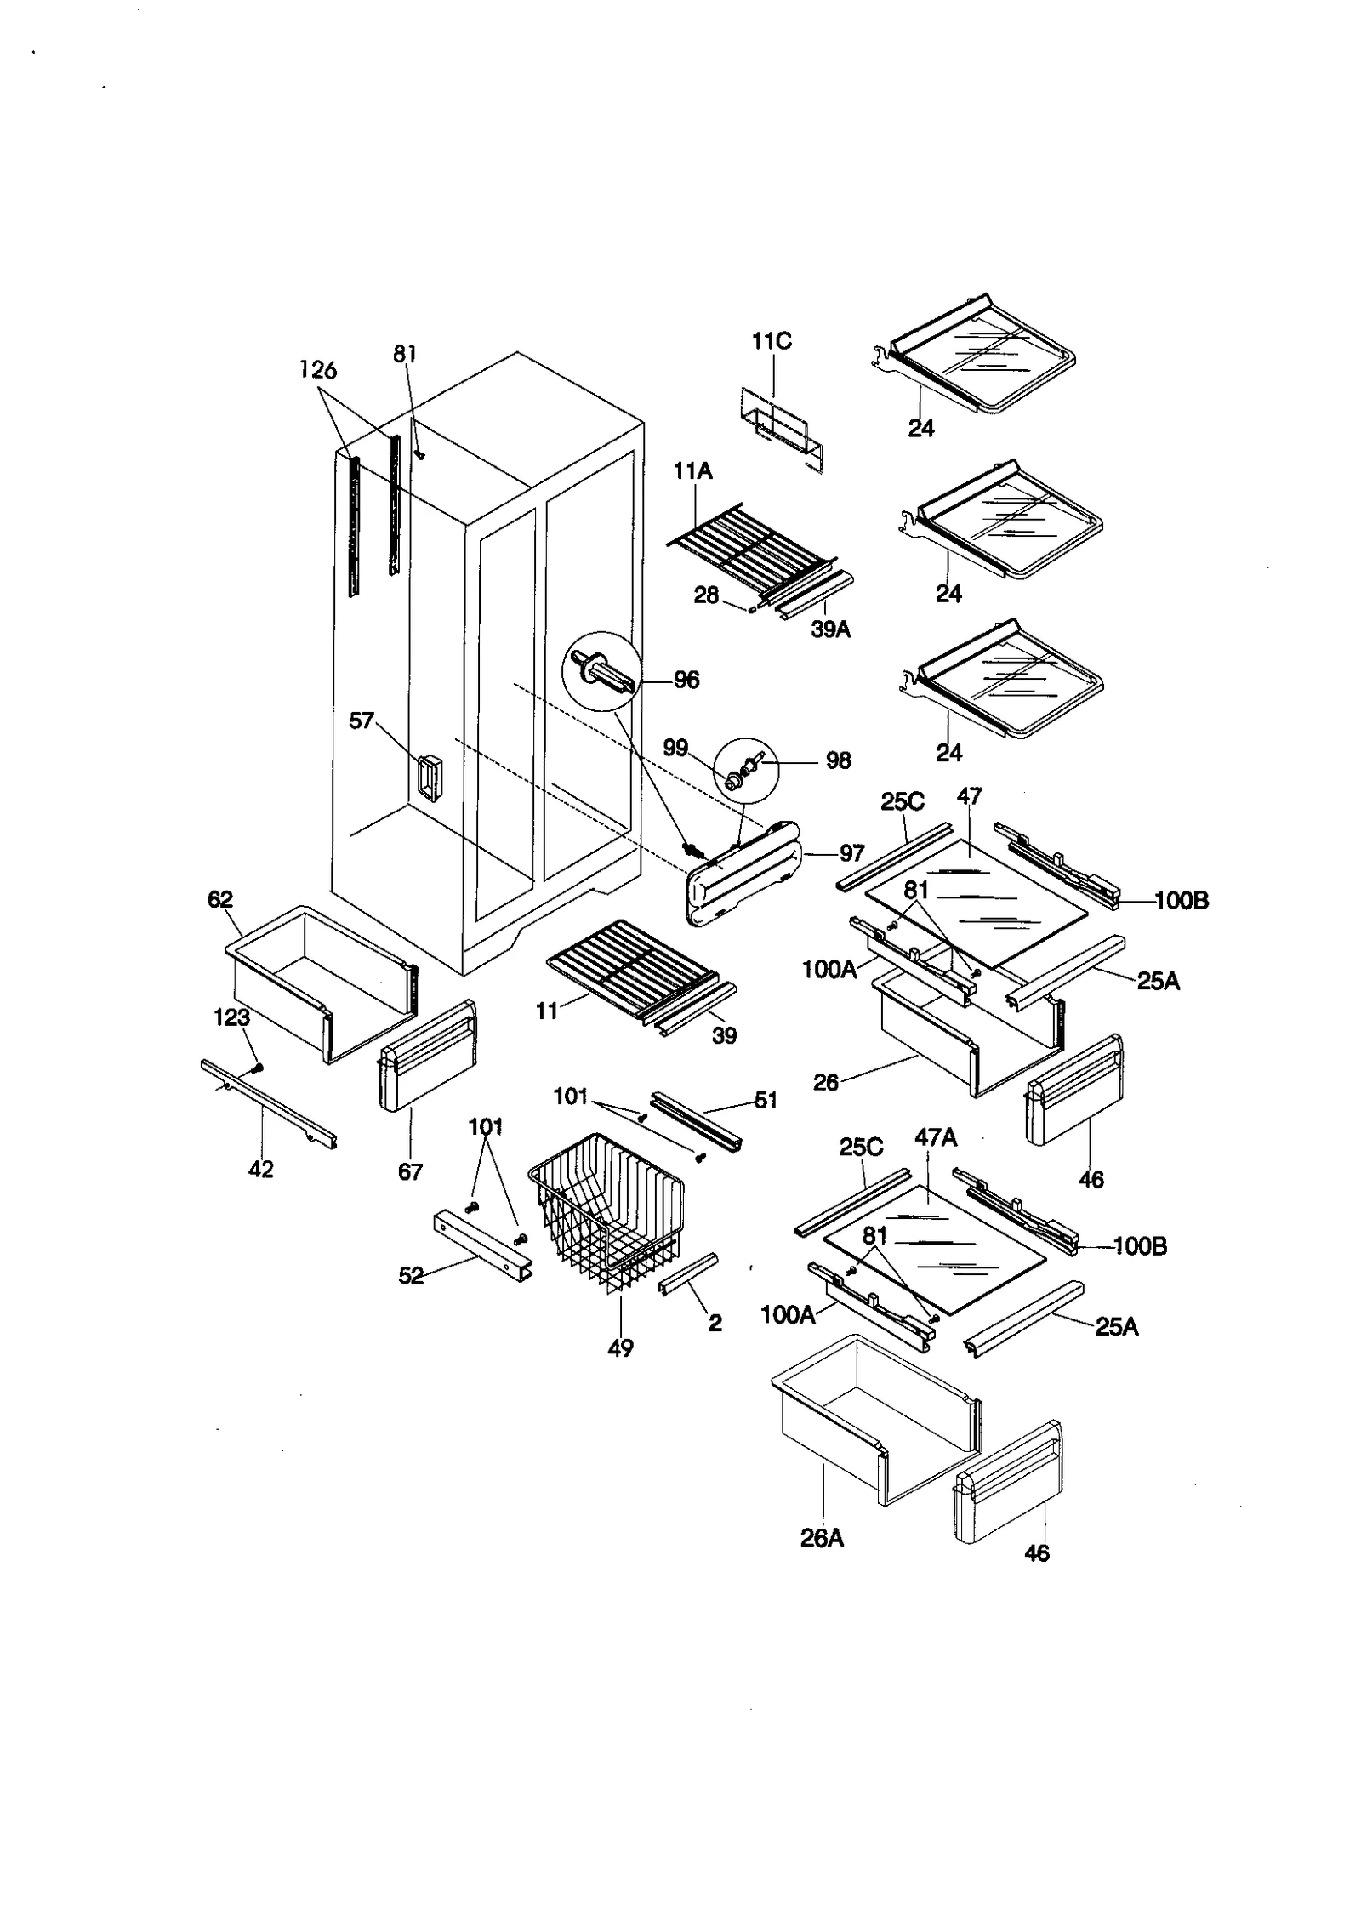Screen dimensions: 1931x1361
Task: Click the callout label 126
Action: [318, 370]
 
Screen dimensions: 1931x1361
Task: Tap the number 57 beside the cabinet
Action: [362, 721]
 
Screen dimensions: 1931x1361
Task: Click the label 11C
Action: [772, 341]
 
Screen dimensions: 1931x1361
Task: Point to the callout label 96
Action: [686, 680]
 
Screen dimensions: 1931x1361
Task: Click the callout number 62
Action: [220, 899]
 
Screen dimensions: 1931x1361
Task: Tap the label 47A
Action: [936, 1137]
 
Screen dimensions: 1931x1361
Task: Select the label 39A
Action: [830, 629]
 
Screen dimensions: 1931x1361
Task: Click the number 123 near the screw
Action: [231, 1017]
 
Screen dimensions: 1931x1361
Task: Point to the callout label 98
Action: [838, 760]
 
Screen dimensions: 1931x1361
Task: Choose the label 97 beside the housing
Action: [851, 853]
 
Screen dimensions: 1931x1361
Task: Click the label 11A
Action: [693, 470]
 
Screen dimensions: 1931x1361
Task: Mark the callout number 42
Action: [261, 1169]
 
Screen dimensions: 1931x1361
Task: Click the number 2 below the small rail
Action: [715, 1323]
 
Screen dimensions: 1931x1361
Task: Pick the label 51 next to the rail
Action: [766, 1100]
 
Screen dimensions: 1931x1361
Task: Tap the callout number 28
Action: [706, 595]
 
